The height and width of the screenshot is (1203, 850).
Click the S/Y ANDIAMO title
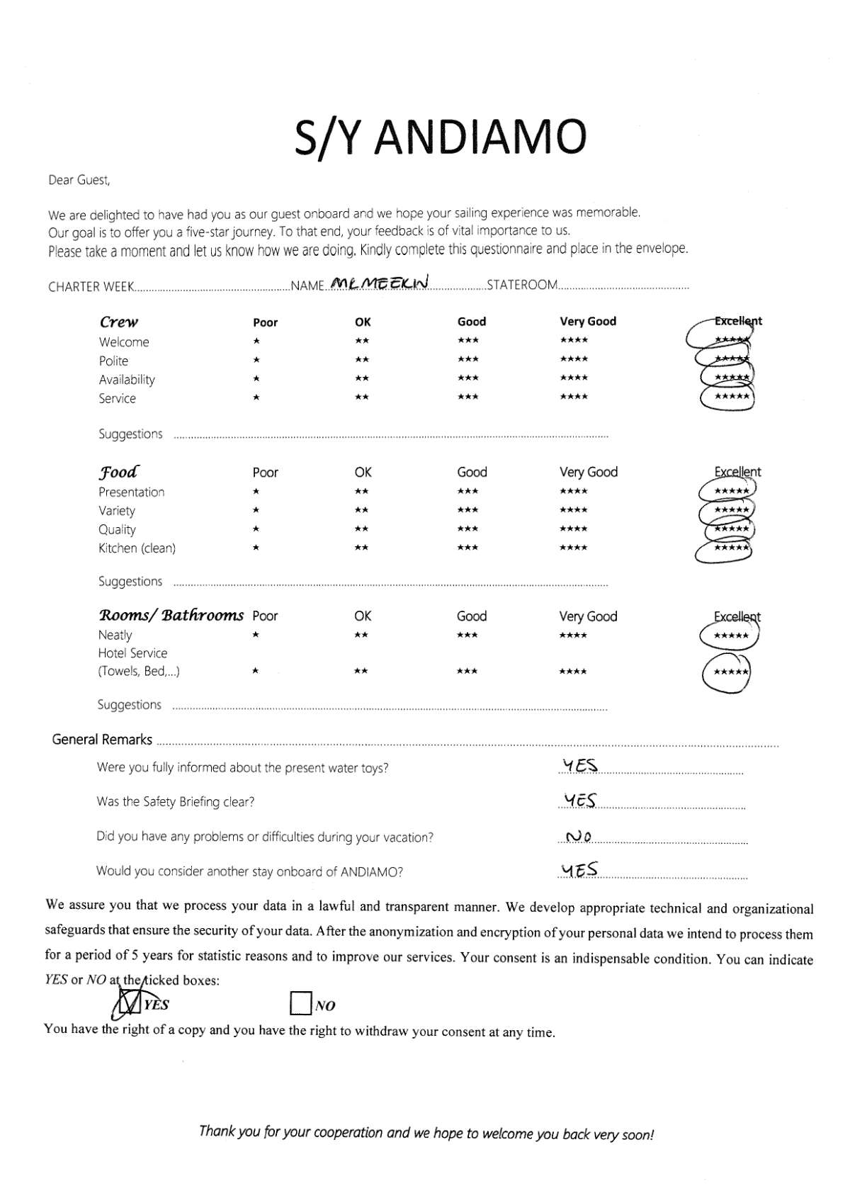coord(440,137)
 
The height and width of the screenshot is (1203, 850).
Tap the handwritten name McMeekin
coord(380,283)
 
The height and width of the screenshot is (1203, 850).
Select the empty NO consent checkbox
coord(301,1003)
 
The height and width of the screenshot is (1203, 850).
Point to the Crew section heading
coord(119,322)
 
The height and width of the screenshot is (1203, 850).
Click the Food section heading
coord(118,472)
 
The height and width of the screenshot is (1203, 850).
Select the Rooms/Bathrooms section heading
coord(171,615)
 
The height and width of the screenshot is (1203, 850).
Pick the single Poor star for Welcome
coord(256,341)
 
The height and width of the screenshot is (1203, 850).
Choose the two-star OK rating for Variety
coord(361,510)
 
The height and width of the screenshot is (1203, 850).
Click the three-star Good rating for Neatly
coord(467,635)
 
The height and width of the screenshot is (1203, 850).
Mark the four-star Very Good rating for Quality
coord(573,529)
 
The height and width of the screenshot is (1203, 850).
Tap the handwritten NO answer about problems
coord(579,837)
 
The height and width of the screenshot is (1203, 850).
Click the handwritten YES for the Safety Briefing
coord(580,801)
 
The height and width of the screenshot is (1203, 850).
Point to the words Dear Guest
coord(79,180)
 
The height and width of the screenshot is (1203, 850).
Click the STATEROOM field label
coord(522,285)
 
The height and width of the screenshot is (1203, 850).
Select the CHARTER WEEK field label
coord(91,287)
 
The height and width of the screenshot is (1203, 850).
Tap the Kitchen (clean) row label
coord(137,548)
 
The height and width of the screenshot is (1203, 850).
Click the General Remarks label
coord(102,740)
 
